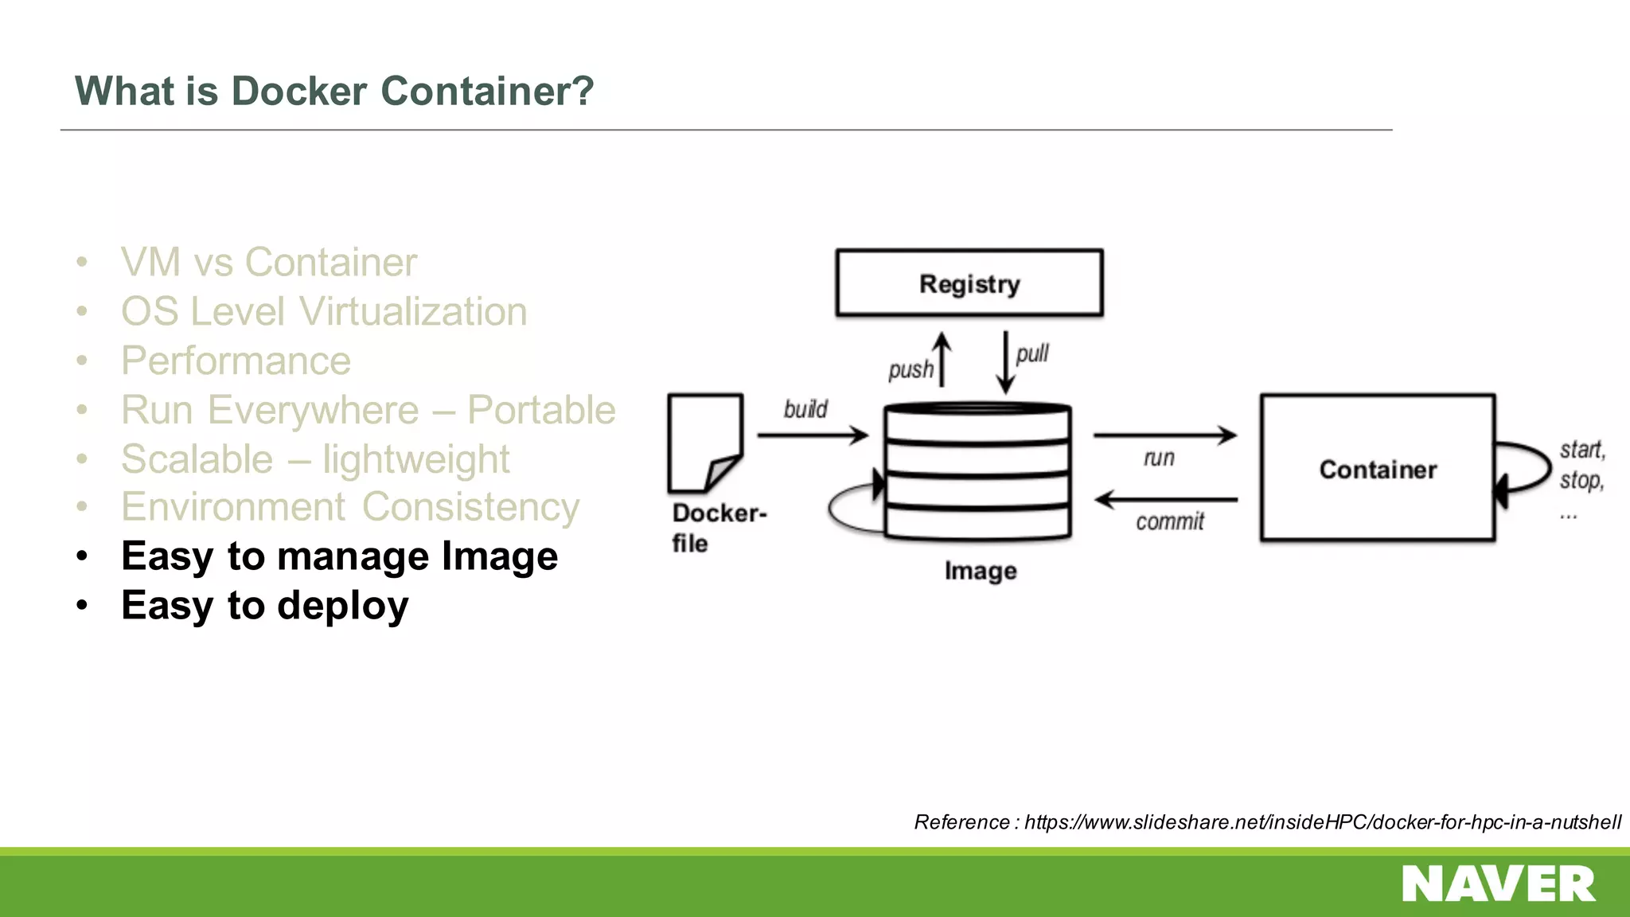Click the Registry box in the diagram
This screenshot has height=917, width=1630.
point(969,283)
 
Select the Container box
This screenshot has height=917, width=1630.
point(1378,468)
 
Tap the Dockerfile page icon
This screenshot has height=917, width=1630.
point(705,443)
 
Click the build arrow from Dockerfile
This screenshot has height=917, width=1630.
point(813,435)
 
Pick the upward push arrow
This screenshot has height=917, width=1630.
point(942,360)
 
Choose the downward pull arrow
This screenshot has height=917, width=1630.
point(1006,362)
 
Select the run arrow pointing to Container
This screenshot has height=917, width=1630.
point(1165,435)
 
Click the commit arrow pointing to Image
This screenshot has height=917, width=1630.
point(1166,500)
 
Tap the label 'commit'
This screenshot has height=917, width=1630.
point(1170,522)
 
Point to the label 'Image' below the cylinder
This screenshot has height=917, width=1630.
point(981,571)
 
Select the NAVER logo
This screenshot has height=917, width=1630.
point(1498,884)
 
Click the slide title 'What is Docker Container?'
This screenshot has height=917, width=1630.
point(334,91)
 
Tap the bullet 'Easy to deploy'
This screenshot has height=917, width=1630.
point(265,606)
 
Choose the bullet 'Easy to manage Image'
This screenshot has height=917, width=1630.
point(339,556)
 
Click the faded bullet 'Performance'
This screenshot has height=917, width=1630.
point(236,361)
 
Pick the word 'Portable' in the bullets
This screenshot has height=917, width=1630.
point(541,410)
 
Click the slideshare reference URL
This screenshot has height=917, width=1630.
point(1322,822)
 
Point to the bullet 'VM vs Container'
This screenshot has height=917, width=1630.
point(269,262)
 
